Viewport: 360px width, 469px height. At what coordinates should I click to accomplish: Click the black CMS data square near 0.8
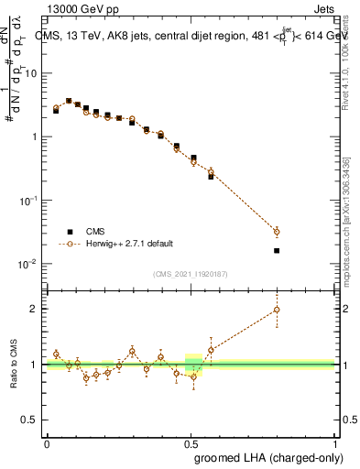(277, 250)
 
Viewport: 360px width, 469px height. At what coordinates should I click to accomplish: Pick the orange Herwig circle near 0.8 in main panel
(277, 232)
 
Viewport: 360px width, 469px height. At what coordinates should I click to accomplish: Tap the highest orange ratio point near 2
(277, 310)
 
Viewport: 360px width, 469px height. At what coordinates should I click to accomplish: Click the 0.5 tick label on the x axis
(191, 443)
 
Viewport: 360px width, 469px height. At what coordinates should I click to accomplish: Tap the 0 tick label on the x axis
(47, 443)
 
